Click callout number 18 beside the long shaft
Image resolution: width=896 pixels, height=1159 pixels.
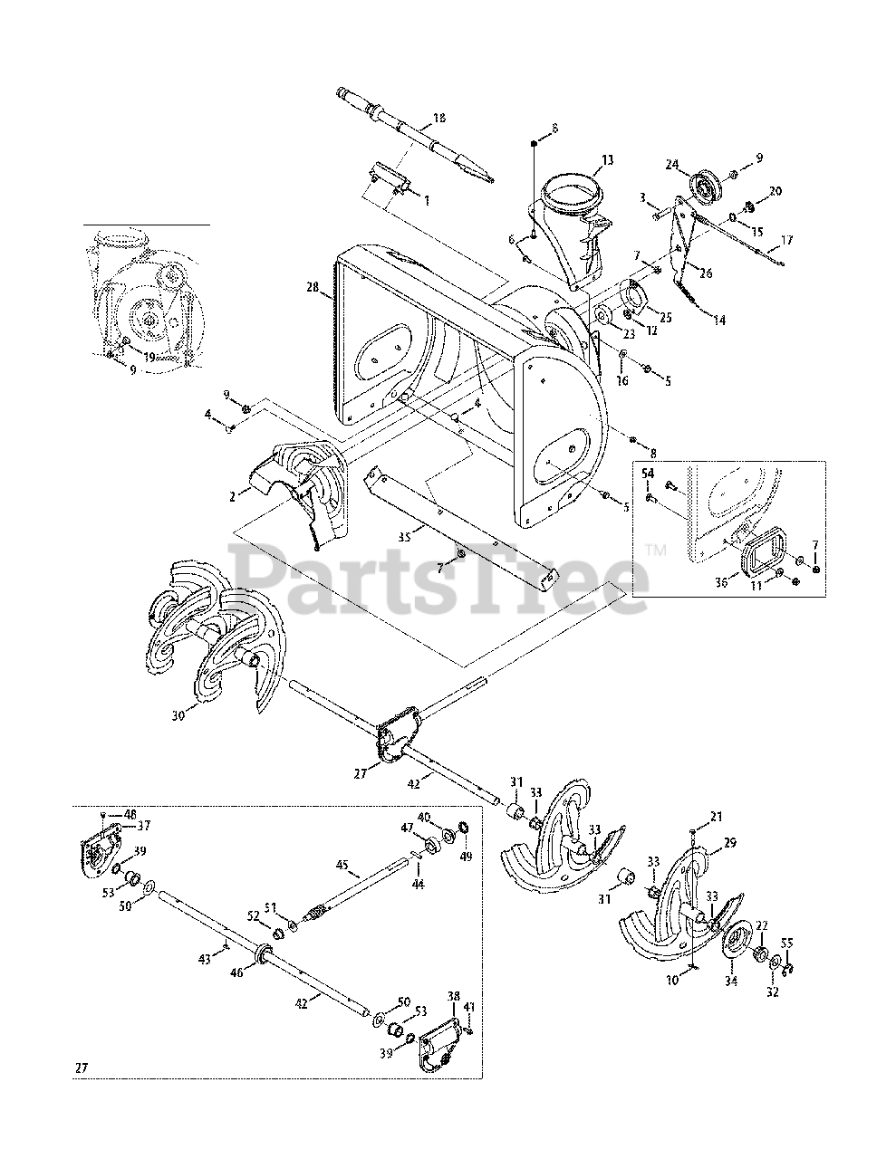click(440, 119)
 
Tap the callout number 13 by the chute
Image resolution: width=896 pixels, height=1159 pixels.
click(607, 160)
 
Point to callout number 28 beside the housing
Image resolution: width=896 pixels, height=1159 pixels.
click(313, 287)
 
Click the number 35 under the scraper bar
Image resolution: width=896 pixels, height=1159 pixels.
click(404, 537)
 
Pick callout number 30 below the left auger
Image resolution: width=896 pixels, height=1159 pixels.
click(178, 715)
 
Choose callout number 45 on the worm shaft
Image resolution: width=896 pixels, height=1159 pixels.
click(342, 865)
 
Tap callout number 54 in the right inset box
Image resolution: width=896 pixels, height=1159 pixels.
click(648, 474)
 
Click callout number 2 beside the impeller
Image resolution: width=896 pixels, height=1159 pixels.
click(233, 495)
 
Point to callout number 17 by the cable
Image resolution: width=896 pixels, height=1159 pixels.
click(785, 240)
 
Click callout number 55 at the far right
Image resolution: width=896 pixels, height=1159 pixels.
click(785, 943)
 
